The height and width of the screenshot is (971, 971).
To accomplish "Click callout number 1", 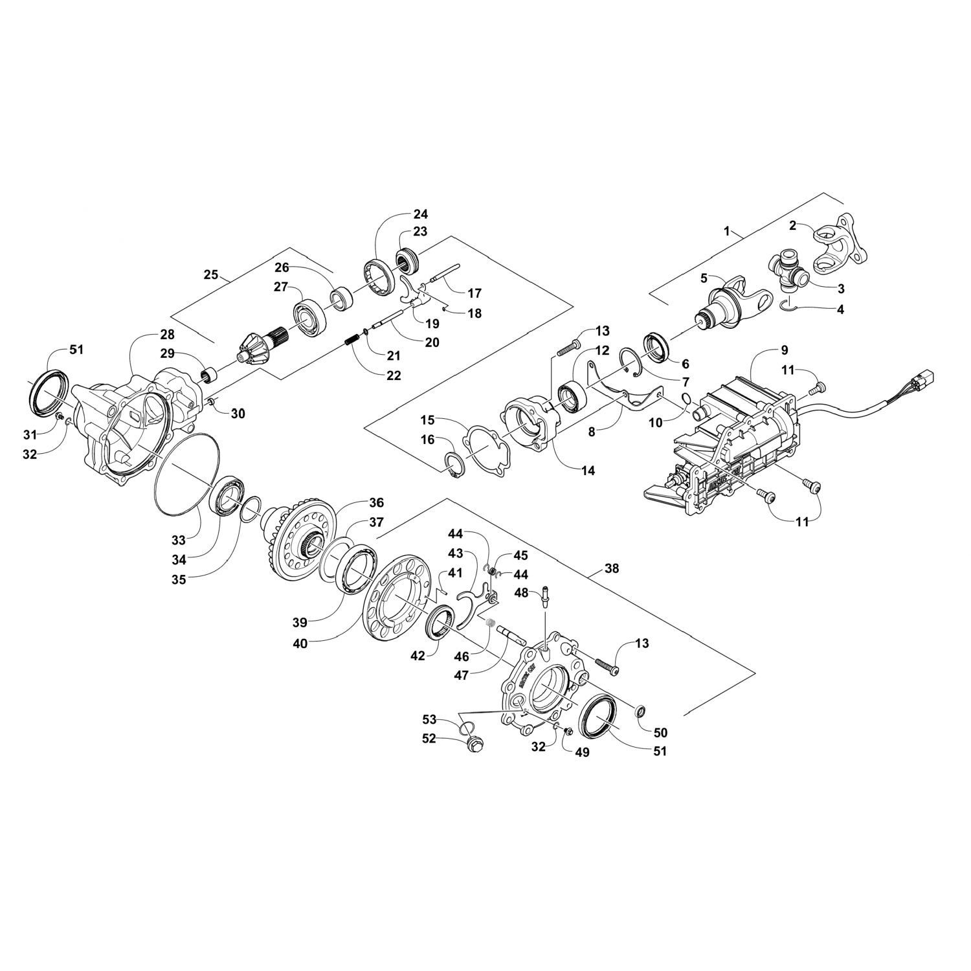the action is [x=727, y=230].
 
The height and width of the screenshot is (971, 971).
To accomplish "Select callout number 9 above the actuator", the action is [x=784, y=350].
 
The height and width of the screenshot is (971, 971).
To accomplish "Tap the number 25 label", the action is [x=210, y=274].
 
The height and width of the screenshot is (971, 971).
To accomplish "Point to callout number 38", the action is [x=611, y=568].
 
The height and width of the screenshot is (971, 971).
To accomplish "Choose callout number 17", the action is [x=474, y=293].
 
